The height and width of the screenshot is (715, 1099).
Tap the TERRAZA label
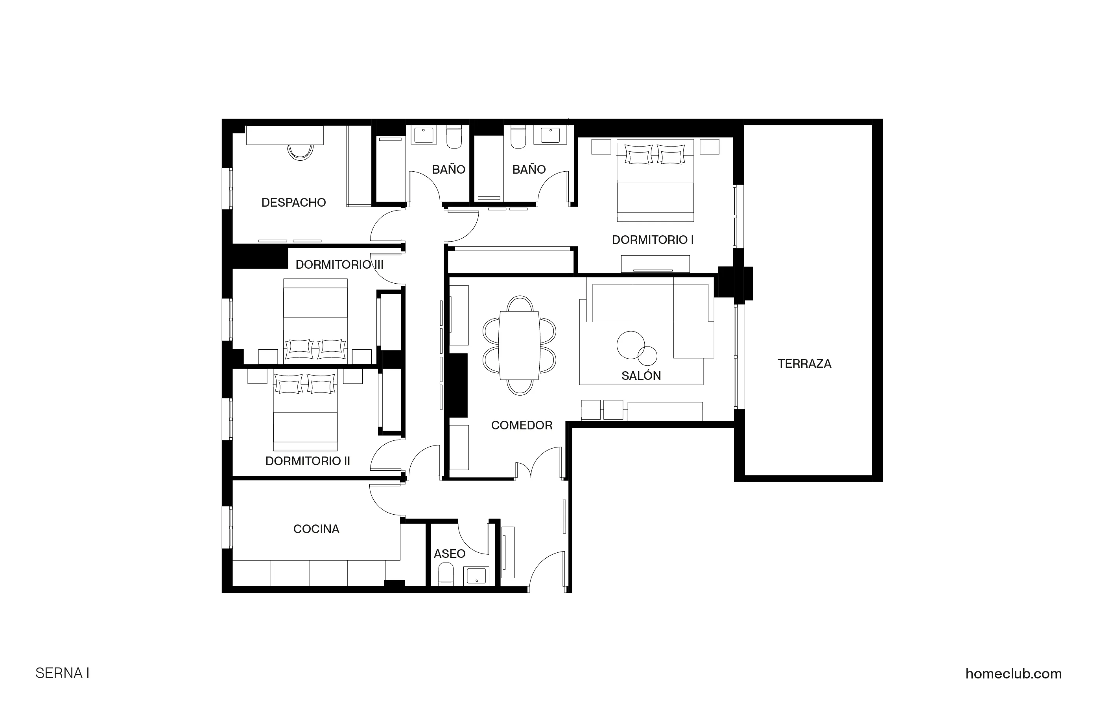[804, 363]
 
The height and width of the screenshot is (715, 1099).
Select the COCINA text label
[316, 529]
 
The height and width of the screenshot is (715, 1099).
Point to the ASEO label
[449, 554]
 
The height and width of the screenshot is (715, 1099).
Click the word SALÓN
[641, 376]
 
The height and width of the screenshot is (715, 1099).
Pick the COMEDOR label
[521, 425]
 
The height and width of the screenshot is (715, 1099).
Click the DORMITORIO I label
[653, 240]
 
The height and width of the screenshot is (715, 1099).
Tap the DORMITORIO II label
[308, 461]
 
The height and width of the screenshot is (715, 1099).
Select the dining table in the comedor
[520, 345]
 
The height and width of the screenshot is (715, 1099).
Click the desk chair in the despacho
[300, 152]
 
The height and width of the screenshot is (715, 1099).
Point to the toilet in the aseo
[446, 574]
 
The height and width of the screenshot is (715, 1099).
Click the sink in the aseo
[476, 575]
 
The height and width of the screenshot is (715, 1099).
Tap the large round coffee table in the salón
[630, 345]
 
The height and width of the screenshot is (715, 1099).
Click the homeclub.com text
[1013, 673]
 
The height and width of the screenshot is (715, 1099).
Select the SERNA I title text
[62, 673]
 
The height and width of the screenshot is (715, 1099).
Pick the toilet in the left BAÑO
[454, 137]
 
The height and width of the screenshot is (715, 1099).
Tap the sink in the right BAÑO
[550, 135]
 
